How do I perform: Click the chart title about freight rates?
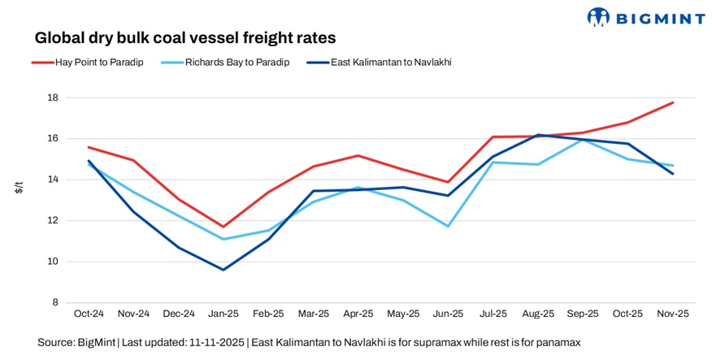[x=185, y=38]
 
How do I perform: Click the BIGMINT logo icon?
[x=598, y=16]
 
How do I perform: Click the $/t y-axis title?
[x=19, y=188]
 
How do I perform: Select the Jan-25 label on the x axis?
[x=224, y=313]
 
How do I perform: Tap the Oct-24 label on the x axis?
[x=89, y=313]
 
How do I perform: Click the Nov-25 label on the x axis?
[x=673, y=313]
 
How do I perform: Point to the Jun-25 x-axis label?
[x=449, y=313]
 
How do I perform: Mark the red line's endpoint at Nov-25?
[x=673, y=102]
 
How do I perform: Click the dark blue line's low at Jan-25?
[x=224, y=270]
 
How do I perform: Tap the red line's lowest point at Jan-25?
[x=224, y=227]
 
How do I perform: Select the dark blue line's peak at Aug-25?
[x=539, y=135]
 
